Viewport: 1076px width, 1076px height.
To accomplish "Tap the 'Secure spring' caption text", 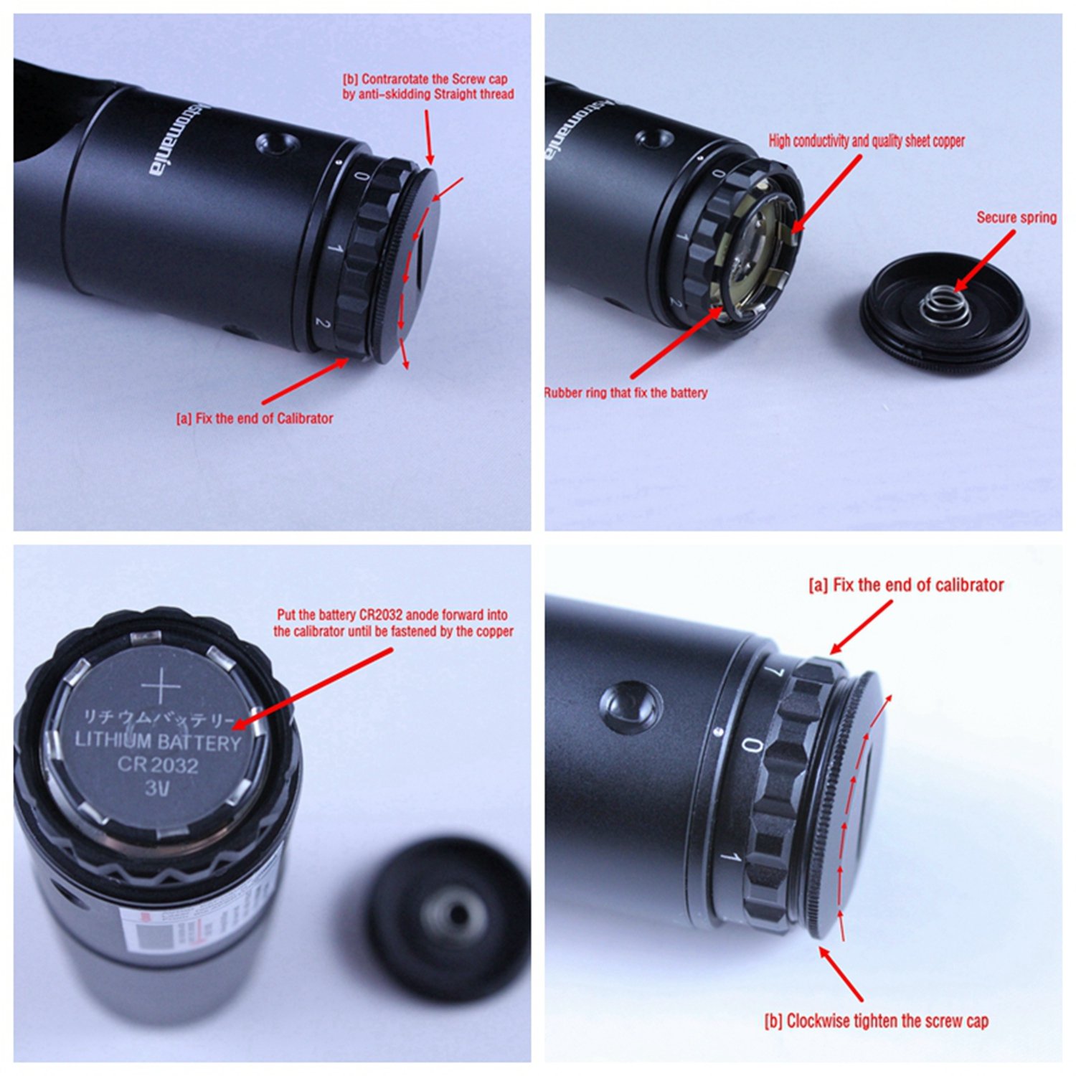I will pos(1016,217).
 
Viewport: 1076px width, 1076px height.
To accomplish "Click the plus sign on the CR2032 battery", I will pos(161,688).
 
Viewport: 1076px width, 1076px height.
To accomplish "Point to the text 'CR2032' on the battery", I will pos(158,765).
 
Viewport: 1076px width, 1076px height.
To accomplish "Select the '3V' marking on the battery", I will pos(157,788).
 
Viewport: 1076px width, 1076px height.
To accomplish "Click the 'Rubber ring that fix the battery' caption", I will pos(626,393).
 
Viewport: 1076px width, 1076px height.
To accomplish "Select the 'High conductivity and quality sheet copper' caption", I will pos(867,141).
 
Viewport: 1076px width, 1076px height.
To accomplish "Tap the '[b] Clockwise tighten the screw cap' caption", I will pos(876,1021).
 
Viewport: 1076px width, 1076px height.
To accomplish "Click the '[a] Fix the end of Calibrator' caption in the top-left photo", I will pos(255,418).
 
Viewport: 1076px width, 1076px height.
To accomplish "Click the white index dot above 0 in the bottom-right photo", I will pos(718,732).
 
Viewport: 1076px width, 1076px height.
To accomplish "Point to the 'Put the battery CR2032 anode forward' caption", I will pos(392,623).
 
